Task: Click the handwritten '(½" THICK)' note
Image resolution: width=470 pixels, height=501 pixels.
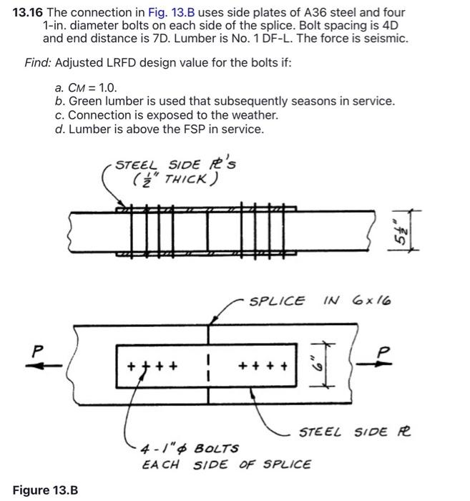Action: pos(175,180)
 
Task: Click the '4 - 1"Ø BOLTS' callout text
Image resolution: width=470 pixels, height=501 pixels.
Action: pos(190,449)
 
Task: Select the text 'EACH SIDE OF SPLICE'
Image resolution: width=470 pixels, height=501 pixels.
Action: pos(226,464)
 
